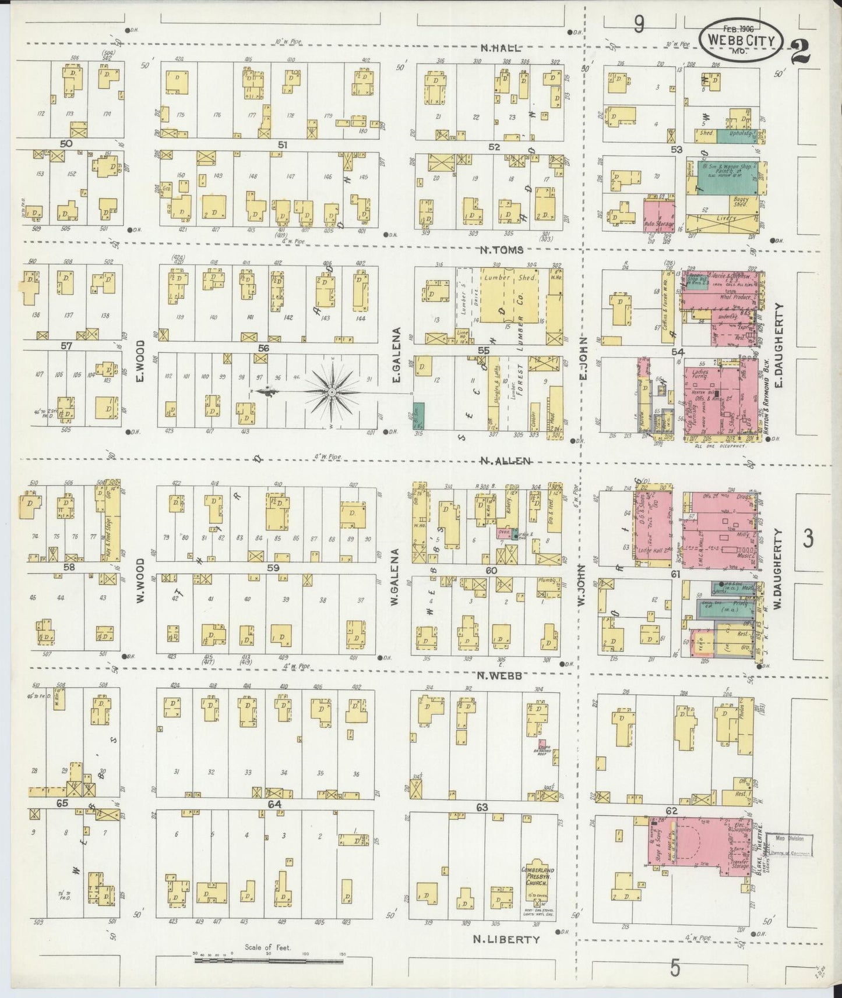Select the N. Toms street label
pyautogui.click(x=501, y=250)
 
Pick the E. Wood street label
pyautogui.click(x=140, y=364)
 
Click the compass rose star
pyautogui.click(x=331, y=394)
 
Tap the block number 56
pyautogui.click(x=263, y=348)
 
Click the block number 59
pyautogui.click(x=273, y=568)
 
